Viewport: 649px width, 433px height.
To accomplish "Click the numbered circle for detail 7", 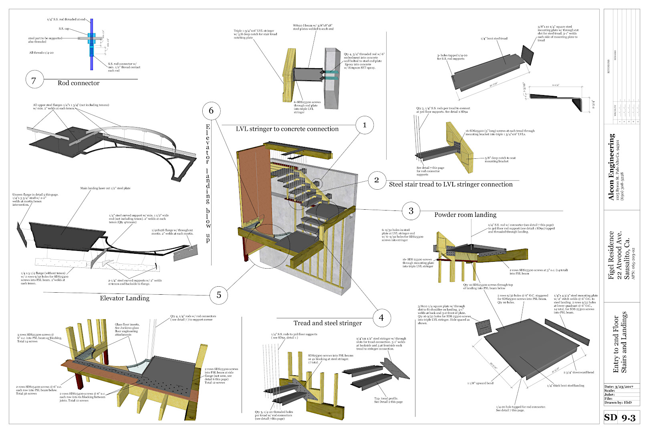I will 34,81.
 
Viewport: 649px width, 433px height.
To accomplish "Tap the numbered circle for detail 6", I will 211,111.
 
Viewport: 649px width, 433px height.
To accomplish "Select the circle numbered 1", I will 364,125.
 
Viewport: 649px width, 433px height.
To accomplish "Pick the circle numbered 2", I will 377,180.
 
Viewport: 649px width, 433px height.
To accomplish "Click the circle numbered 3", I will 411,211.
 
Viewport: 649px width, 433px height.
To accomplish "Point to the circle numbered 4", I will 381,318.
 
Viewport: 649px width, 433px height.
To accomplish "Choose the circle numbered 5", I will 219,295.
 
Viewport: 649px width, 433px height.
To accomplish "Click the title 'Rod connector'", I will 79,83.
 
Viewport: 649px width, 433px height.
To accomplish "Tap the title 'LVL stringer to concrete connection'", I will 287,129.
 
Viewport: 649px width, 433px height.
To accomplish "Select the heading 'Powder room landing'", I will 465,215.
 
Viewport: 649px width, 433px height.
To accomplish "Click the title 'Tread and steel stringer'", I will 327,323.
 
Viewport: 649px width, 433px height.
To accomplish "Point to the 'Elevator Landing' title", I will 125,298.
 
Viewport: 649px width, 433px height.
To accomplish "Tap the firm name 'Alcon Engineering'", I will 611,167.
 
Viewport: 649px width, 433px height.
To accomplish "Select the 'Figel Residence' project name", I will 611,255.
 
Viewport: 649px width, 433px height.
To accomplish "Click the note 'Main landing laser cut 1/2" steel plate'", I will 105,188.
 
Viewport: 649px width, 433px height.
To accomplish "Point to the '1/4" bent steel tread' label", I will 494,38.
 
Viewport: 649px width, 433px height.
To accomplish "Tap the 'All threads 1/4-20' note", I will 41,53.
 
